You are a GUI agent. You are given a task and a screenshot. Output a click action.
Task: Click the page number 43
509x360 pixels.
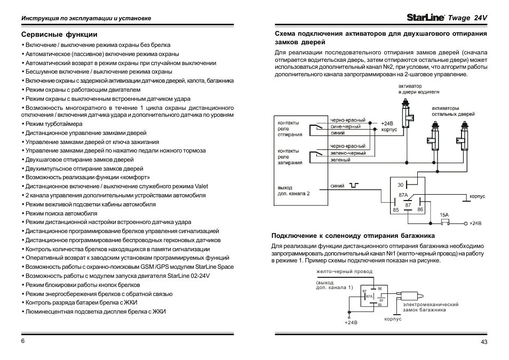(x=484, y=342)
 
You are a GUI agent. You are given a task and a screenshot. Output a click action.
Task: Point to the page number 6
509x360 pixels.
(x=23, y=340)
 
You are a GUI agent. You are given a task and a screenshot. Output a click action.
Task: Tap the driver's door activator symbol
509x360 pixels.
(x=409, y=113)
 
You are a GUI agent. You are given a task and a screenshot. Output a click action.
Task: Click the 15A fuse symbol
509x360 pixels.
(x=444, y=222)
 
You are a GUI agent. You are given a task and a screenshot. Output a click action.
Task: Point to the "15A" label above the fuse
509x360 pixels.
(x=444, y=215)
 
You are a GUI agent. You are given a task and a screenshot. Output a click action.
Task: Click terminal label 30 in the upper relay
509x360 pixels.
(x=401, y=185)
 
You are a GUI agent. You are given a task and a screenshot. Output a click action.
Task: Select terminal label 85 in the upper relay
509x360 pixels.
(x=395, y=210)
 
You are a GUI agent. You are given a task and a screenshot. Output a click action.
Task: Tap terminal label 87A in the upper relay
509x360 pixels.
(x=403, y=196)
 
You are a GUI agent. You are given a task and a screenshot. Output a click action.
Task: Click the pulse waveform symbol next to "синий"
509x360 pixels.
(x=354, y=186)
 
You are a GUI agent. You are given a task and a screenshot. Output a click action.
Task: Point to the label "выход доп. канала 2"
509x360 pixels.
(x=293, y=191)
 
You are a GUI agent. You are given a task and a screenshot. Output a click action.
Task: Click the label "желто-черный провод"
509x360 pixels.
(x=344, y=271)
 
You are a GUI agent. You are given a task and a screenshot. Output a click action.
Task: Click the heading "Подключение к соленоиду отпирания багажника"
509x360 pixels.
(x=353, y=235)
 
